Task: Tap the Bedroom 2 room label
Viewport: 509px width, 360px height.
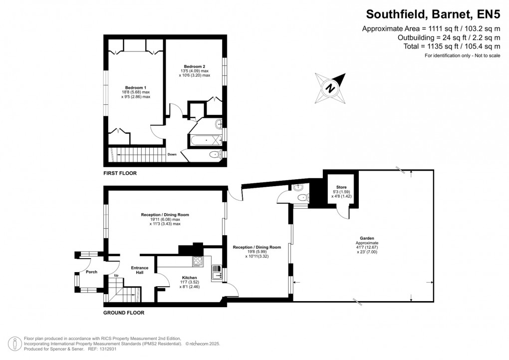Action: click(194, 66)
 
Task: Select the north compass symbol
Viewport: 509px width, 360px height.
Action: click(330, 87)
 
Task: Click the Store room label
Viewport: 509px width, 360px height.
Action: click(341, 187)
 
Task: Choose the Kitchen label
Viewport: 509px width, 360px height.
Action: click(189, 278)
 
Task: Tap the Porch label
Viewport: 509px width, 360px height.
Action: click(91, 272)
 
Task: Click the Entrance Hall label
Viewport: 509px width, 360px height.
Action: click(140, 270)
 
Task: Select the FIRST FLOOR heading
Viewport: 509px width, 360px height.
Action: click(120, 173)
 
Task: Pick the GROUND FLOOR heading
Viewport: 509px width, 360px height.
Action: click(124, 313)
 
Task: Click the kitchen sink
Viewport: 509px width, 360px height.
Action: click(217, 273)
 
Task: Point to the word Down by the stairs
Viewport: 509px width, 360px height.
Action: click(172, 154)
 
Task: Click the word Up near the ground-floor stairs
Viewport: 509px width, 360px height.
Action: click(116, 276)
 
